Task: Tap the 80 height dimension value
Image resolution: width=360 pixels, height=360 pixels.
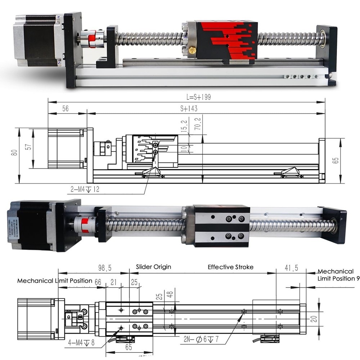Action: pyautogui.click(x=14, y=152)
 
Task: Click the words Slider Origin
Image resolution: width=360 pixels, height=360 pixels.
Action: pyautogui.click(x=153, y=267)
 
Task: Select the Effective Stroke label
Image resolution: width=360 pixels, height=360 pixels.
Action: pyautogui.click(x=230, y=267)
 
